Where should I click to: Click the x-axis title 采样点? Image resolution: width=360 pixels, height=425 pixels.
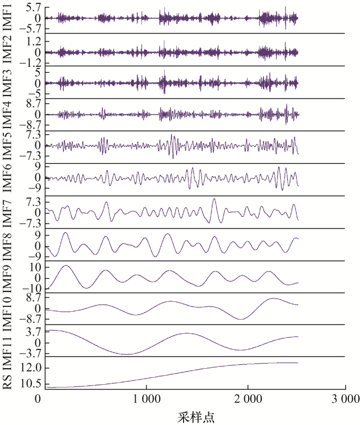click(195, 416)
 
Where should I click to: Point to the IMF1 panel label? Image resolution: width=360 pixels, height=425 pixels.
click(7, 17)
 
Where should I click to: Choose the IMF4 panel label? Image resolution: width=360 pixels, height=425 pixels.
click(7, 114)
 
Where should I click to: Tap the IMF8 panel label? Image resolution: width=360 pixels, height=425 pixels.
click(7, 243)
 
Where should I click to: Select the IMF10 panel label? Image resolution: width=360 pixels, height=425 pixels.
click(7, 309)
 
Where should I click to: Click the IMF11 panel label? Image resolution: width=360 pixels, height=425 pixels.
click(7, 342)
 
